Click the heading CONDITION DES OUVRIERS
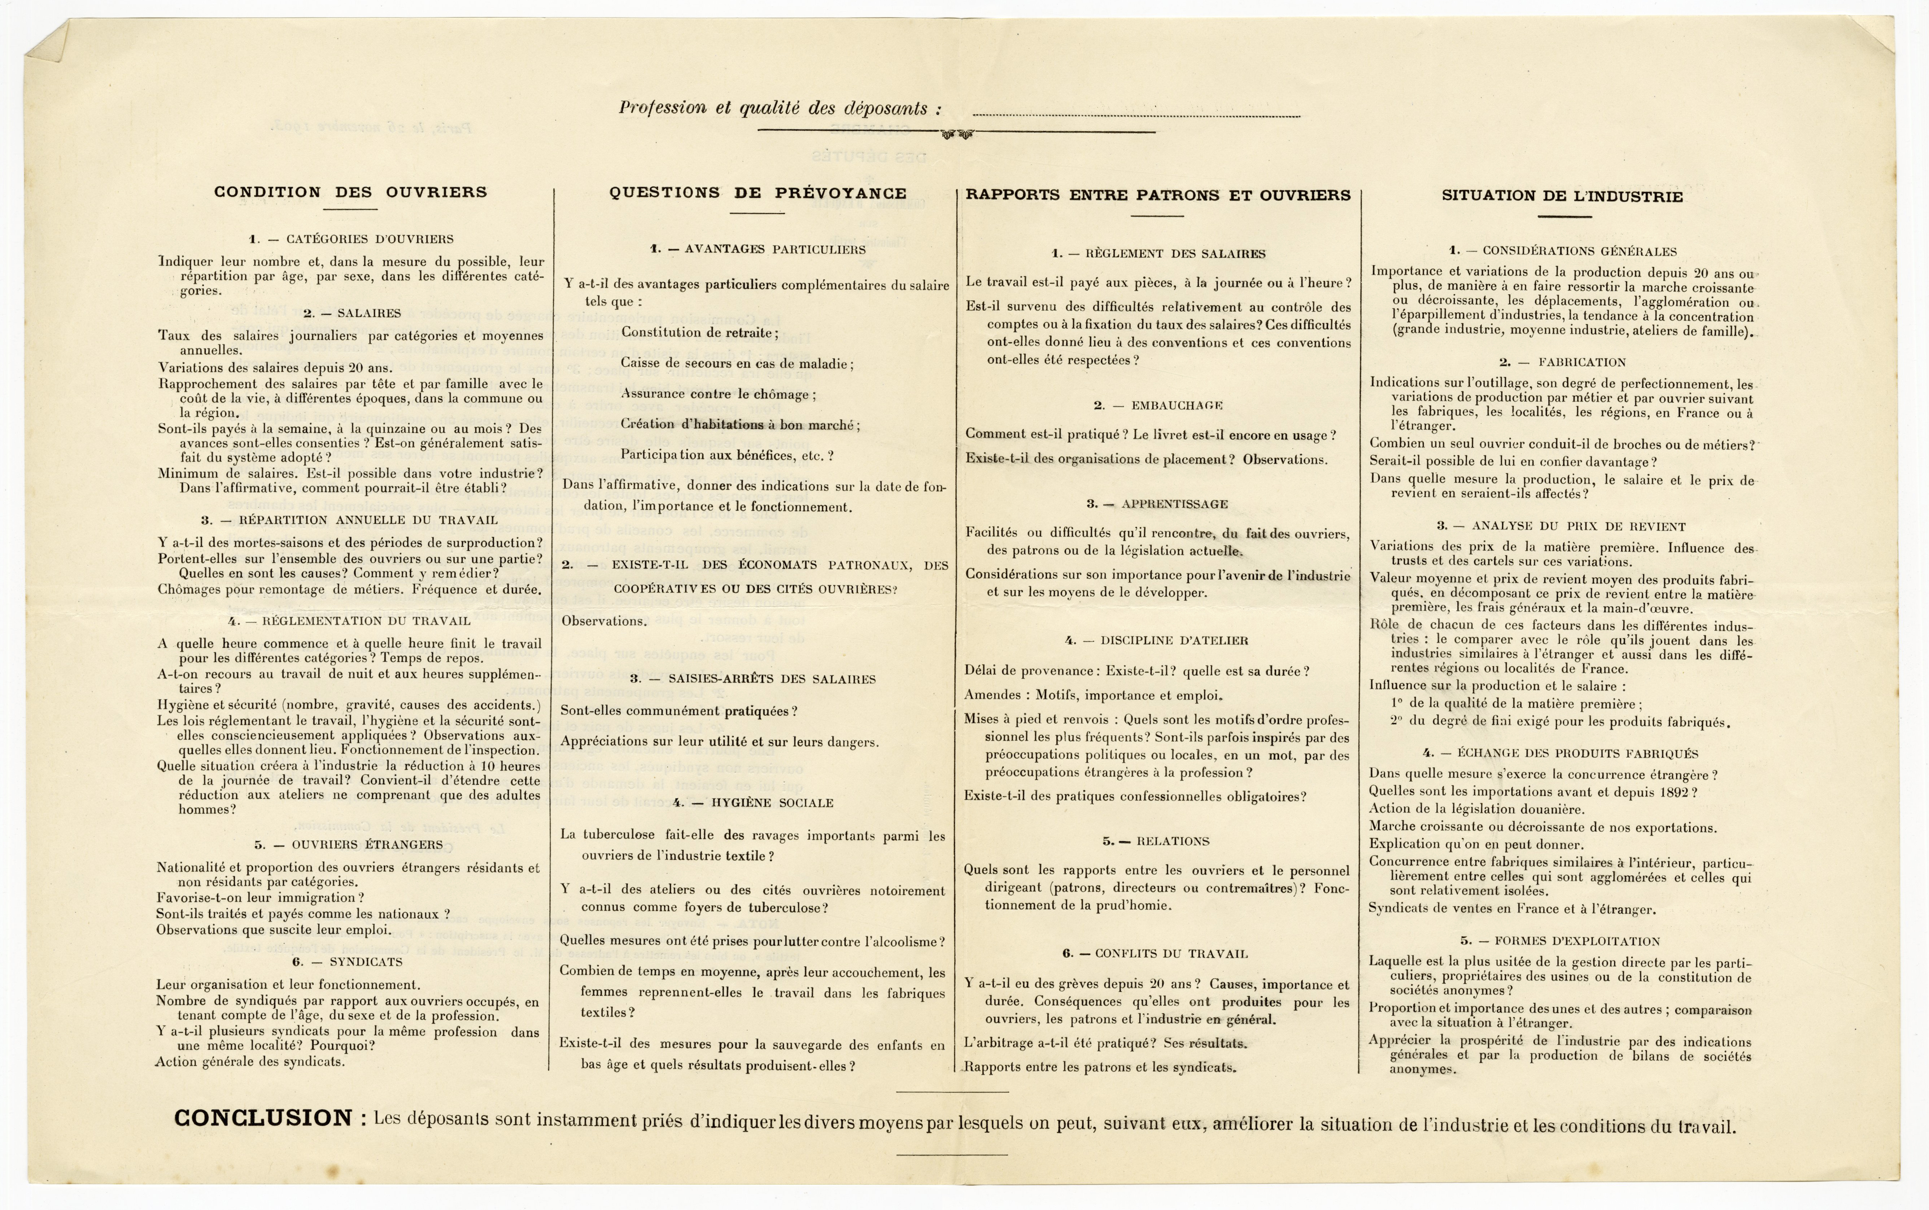point(350,192)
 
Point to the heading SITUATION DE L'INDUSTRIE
point(1562,196)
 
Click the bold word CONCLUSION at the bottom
point(263,1118)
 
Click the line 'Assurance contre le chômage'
point(718,394)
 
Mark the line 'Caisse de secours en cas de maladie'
point(736,363)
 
